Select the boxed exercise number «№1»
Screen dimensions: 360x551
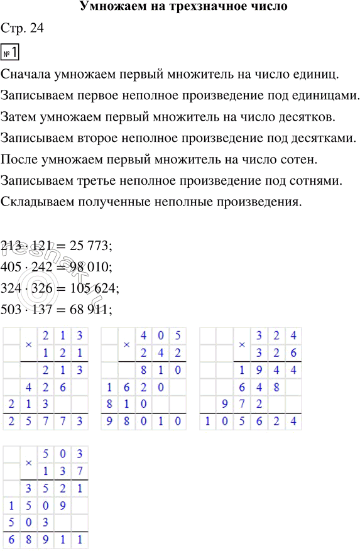pos(11,52)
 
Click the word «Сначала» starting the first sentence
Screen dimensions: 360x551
pos(26,74)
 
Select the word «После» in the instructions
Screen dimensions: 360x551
pos(20,161)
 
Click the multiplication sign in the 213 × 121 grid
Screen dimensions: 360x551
pos(29,344)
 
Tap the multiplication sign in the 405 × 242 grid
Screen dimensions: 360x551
pos(126,344)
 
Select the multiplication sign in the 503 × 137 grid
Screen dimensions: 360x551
pos(29,462)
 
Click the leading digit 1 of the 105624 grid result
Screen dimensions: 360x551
pos(207,422)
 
